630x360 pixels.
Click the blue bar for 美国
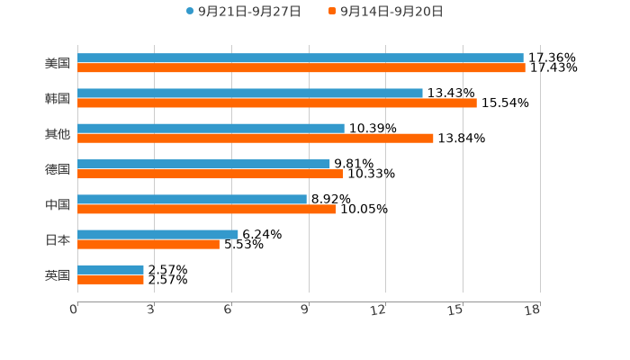pyautogui.click(x=301, y=58)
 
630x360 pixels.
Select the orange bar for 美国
pyautogui.click(x=301, y=67)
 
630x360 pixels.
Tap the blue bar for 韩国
pyautogui.click(x=250, y=93)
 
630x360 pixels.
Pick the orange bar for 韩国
pyautogui.click(x=277, y=103)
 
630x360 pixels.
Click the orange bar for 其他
pyautogui.click(x=256, y=138)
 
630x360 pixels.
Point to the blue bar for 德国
pyautogui.click(x=203, y=164)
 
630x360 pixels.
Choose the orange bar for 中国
pyautogui.click(x=206, y=209)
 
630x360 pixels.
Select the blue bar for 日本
pyautogui.click(x=157, y=234)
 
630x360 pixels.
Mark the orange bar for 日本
pyautogui.click(x=148, y=244)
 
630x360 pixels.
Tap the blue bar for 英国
pyautogui.click(x=111, y=269)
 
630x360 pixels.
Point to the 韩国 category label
pyautogui.click(x=58, y=98)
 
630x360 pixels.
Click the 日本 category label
pyautogui.click(x=58, y=239)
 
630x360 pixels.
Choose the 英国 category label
pyautogui.click(x=58, y=274)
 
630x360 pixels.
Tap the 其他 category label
pyautogui.click(x=58, y=133)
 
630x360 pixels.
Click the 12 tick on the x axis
pyautogui.click(x=379, y=310)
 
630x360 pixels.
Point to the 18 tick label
pyautogui.click(x=533, y=310)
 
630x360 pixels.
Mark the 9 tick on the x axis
pyautogui.click(x=305, y=310)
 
